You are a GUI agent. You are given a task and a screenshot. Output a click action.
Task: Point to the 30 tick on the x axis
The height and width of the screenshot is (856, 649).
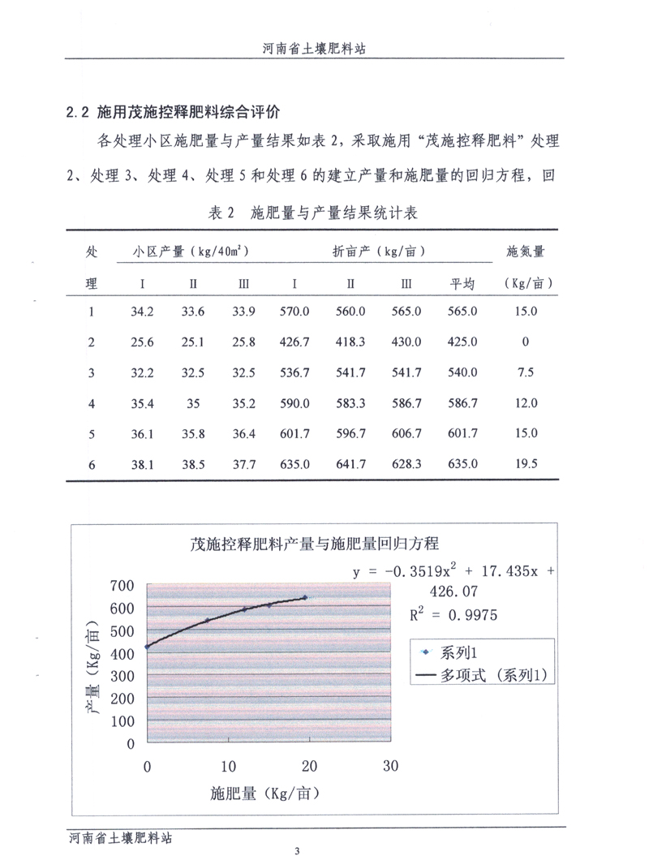(x=390, y=766)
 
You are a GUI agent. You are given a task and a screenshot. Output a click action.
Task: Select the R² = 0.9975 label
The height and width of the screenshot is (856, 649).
(x=453, y=615)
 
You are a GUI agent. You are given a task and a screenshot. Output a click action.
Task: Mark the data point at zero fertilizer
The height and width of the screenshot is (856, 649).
(x=147, y=647)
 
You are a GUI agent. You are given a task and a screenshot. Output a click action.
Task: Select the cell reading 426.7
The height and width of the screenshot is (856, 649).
(x=294, y=342)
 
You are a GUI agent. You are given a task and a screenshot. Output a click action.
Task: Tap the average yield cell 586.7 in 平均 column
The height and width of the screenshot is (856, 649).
(x=462, y=403)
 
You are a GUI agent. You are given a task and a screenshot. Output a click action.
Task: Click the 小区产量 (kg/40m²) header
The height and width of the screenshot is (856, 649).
(x=190, y=252)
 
